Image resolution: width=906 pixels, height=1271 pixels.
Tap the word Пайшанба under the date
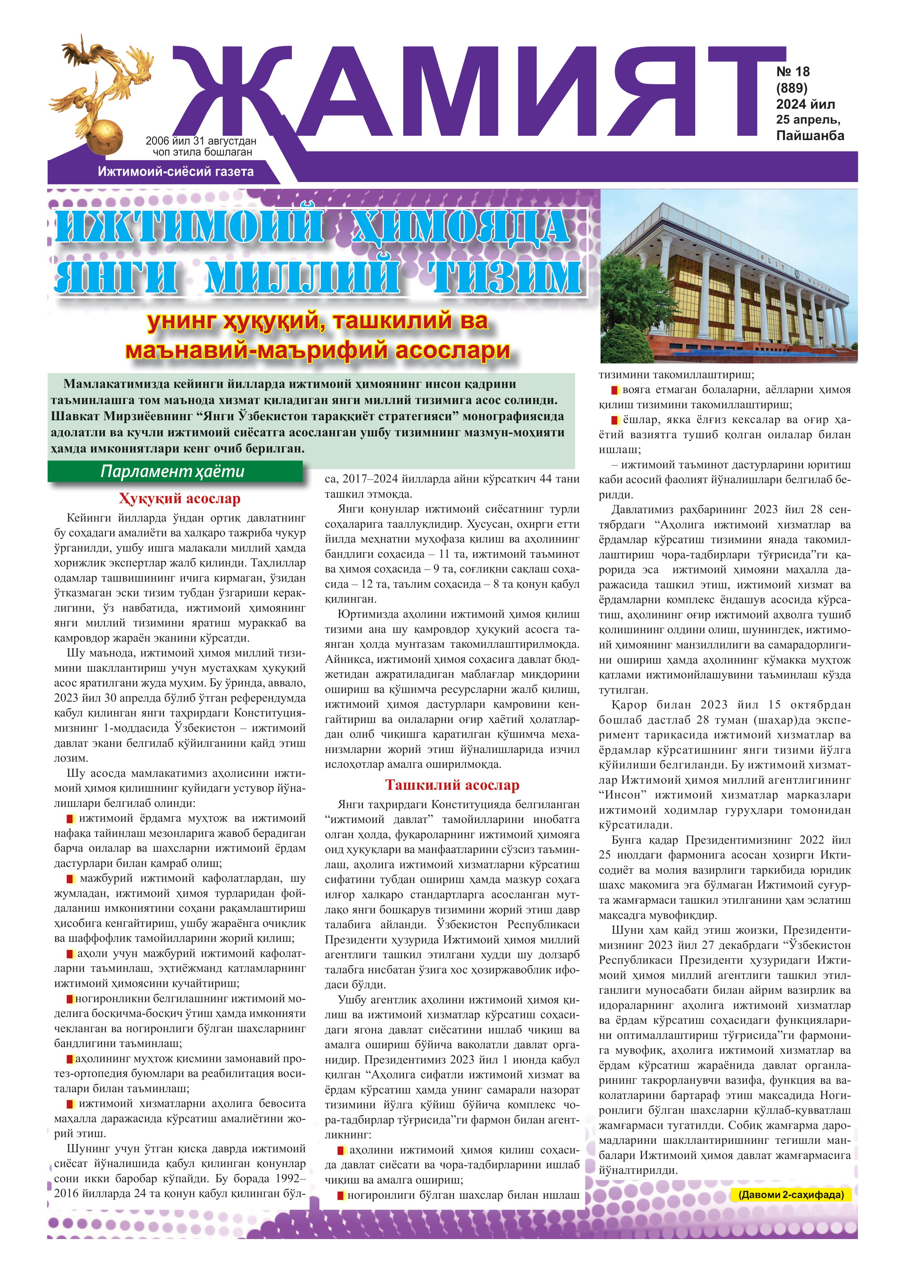(810, 136)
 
